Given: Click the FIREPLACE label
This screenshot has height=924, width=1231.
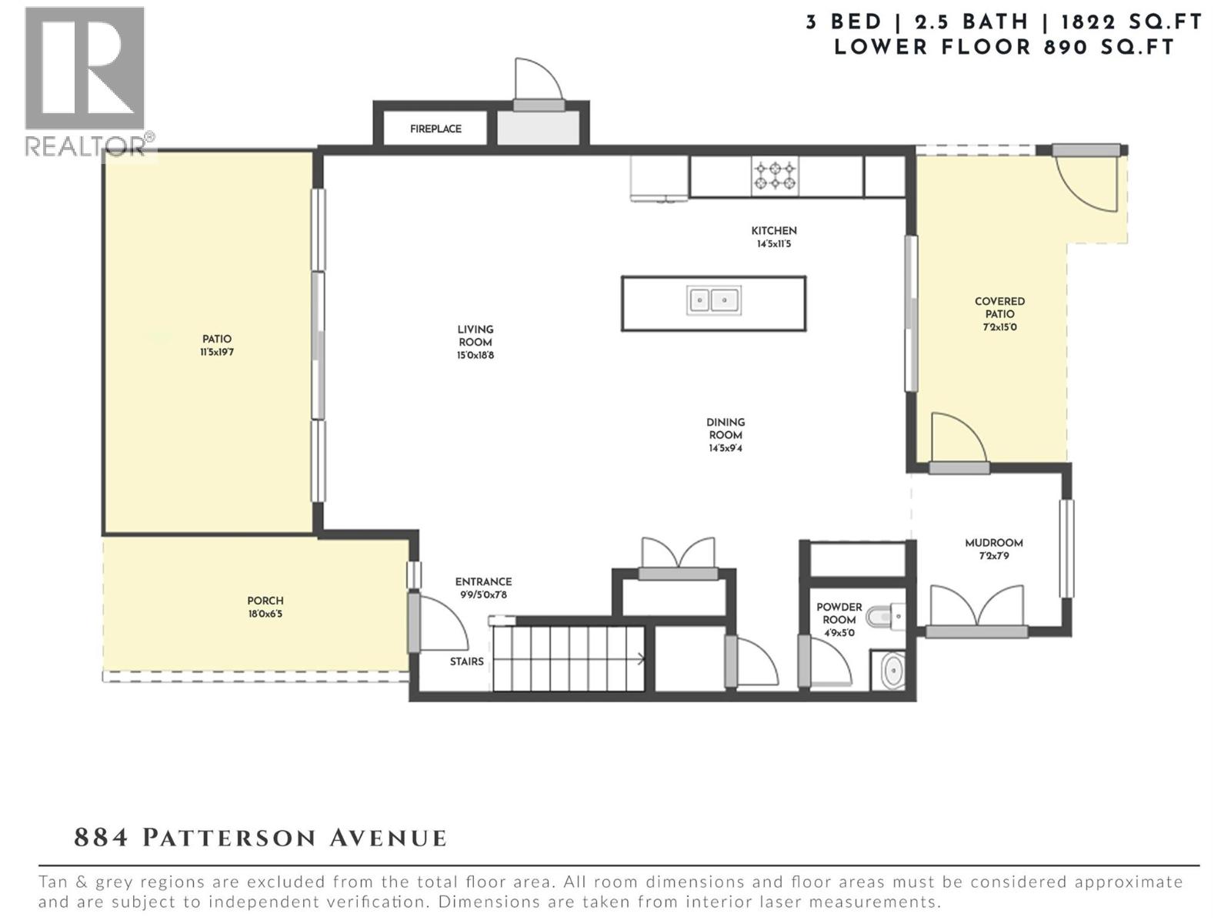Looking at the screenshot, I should (x=435, y=129).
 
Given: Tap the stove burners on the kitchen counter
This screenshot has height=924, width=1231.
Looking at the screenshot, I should (x=775, y=176).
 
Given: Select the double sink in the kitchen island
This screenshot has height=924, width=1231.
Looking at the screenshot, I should (x=713, y=300).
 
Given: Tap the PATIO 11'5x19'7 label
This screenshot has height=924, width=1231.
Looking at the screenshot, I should (x=217, y=345).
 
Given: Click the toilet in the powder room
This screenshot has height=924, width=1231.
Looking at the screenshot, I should (x=884, y=617).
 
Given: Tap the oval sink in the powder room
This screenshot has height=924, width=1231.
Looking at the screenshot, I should (x=892, y=671).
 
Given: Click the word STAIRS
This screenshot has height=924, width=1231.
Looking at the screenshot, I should (x=467, y=661).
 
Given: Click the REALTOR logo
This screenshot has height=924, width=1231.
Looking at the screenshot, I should (x=85, y=81).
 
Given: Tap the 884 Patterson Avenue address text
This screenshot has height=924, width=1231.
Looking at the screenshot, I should (x=260, y=838).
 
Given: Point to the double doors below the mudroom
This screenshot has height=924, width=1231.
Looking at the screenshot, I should (x=976, y=608).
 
